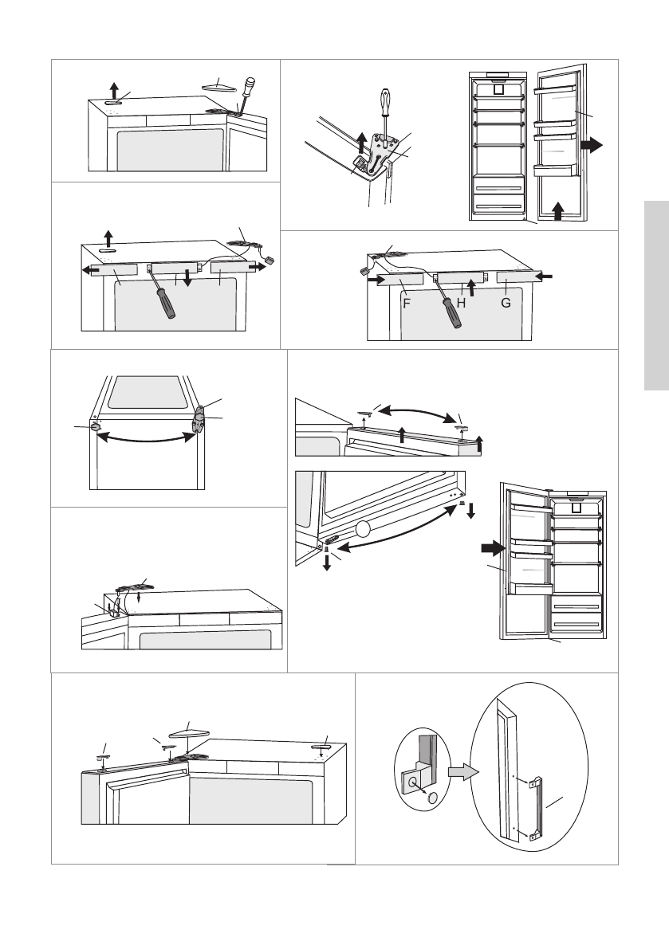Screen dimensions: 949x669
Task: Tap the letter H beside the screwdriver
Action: coord(460,304)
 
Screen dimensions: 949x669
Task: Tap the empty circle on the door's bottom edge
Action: coord(364,527)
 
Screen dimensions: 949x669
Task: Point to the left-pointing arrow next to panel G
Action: coord(545,276)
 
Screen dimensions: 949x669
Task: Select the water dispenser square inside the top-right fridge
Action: coord(500,89)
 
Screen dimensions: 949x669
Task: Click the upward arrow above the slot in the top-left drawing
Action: coord(114,88)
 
